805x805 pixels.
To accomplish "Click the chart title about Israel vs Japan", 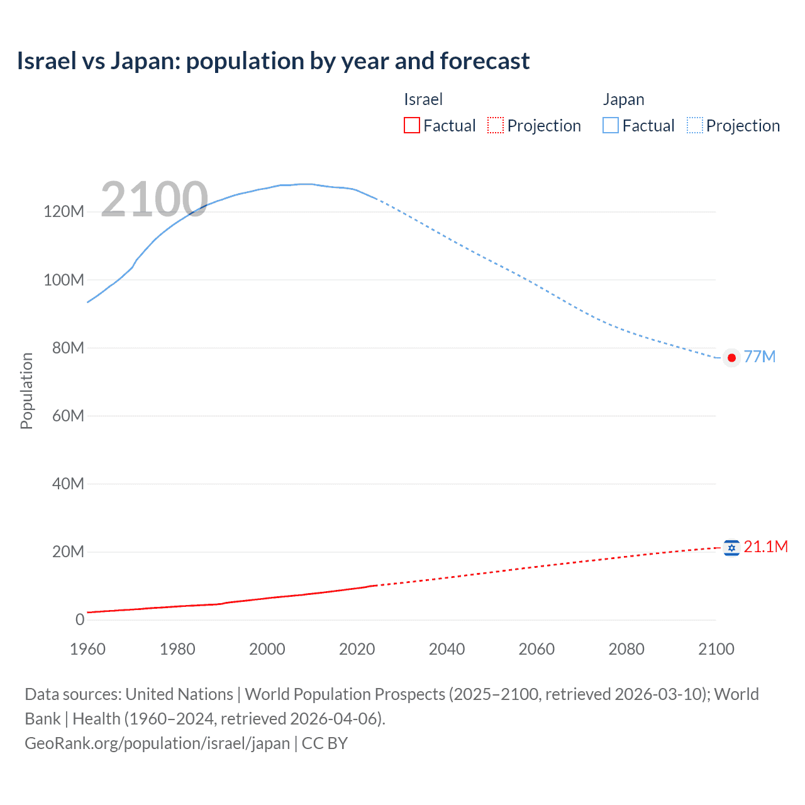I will point(273,61).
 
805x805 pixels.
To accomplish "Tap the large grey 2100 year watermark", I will point(154,199).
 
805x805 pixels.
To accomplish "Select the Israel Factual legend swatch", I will point(411,126).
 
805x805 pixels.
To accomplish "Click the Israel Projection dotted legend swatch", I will point(496,126).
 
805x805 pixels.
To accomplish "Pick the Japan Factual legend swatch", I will point(610,126).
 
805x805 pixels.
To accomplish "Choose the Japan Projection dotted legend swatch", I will point(694,126).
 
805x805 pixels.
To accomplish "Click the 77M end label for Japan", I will point(759,357).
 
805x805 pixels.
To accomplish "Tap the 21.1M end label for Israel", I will point(765,547).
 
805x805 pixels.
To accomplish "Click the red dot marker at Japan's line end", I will point(731,358).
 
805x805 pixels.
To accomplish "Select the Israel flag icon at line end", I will point(731,548).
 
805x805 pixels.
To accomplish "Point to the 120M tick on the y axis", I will point(64,211).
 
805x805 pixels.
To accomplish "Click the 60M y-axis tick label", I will point(67,416).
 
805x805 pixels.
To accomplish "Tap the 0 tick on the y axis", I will point(80,620).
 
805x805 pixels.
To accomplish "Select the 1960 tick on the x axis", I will point(87,649).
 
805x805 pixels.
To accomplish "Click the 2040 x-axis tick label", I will point(447,649).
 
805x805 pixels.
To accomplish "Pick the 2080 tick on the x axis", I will point(626,649).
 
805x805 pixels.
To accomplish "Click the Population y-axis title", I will point(26,391).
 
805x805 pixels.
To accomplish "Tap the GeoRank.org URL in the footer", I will point(157,743).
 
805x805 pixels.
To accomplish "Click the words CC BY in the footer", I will point(325,743).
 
